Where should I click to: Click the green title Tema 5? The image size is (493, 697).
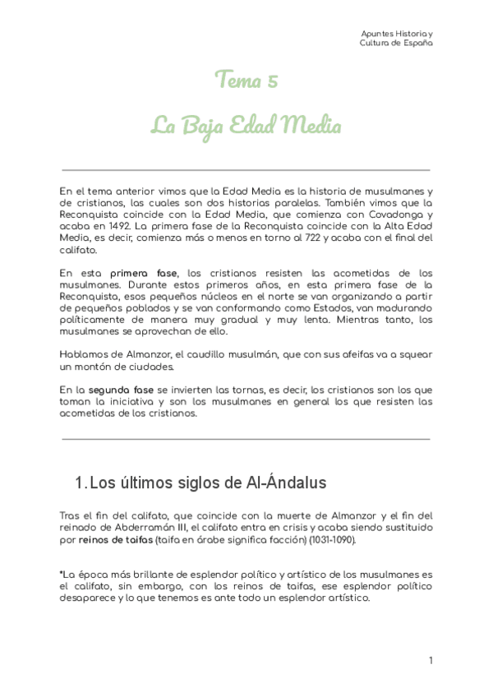246,80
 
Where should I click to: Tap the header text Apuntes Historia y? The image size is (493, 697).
398,33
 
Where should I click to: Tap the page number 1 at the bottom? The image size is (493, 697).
431,660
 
